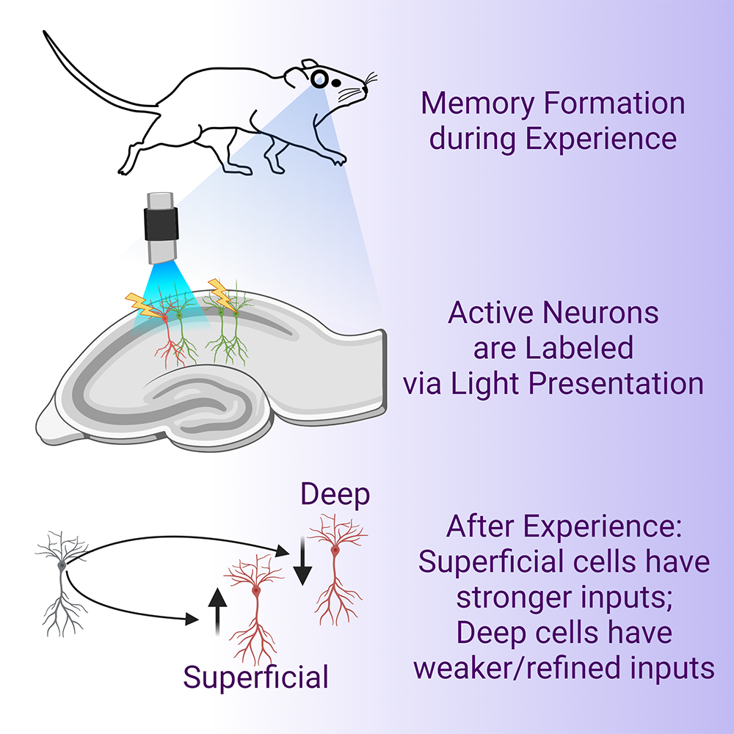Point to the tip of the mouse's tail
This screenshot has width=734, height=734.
46,33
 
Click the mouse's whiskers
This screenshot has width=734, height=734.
369,82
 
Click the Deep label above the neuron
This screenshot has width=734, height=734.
335,496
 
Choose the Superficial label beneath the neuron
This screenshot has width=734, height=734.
255,677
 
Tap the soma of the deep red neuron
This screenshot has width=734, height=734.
335,549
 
